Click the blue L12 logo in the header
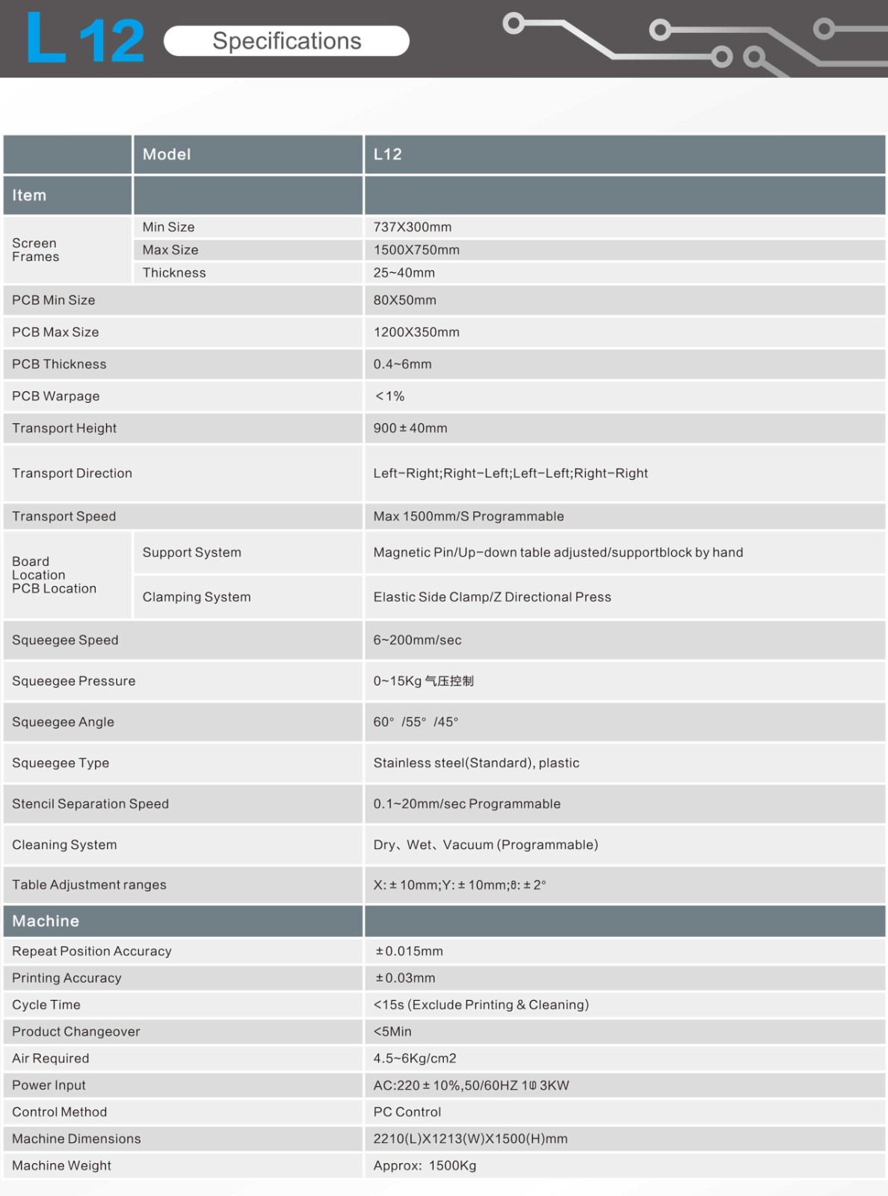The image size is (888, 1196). click(x=84, y=39)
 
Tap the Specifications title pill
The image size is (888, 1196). click(x=286, y=41)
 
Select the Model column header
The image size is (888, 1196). click(x=167, y=154)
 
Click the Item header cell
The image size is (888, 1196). click(x=29, y=195)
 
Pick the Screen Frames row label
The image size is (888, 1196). click(x=35, y=250)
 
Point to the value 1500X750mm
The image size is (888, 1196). click(x=416, y=250)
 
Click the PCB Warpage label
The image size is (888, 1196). click(x=55, y=396)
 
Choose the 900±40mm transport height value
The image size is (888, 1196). click(x=410, y=428)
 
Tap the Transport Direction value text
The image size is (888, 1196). click(x=511, y=473)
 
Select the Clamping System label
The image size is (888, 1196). click(x=197, y=597)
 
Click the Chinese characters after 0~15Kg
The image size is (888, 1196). click(x=449, y=681)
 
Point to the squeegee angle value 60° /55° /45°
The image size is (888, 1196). click(x=416, y=722)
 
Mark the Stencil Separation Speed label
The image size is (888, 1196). click(x=90, y=804)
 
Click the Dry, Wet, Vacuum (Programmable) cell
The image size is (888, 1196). click(x=486, y=845)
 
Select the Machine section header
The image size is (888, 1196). click(x=46, y=921)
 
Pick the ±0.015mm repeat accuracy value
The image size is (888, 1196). click(x=409, y=951)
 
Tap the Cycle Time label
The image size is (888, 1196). click(x=46, y=1005)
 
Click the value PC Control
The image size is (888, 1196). click(x=407, y=1112)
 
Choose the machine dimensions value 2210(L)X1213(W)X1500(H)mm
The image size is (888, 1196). click(x=470, y=1138)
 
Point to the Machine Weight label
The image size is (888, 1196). click(x=61, y=1165)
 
